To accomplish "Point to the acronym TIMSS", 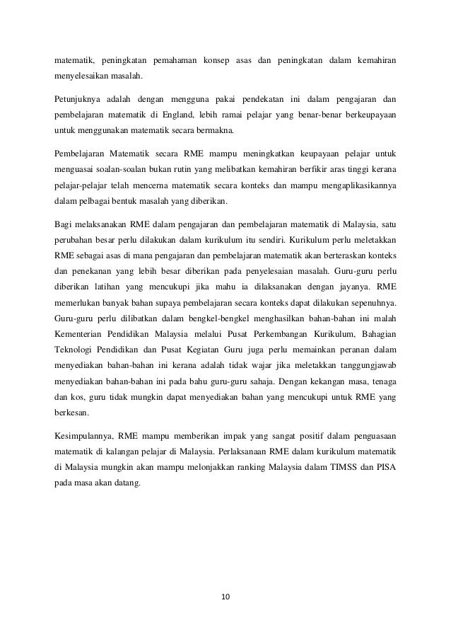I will pyautogui.click(x=344, y=466).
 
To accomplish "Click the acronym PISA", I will pyautogui.click(x=385, y=466).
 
